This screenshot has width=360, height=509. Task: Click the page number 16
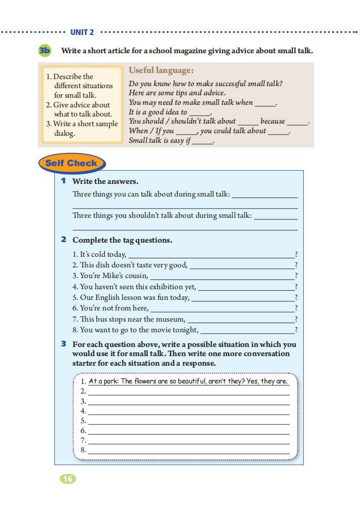point(68,479)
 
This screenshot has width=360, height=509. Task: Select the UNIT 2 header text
point(82,32)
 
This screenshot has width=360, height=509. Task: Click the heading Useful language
point(161,70)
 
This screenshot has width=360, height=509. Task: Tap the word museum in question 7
point(171,319)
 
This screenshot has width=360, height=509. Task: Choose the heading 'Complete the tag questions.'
point(122,240)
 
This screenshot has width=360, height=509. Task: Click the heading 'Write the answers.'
point(105,181)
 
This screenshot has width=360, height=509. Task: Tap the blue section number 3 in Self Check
point(64,344)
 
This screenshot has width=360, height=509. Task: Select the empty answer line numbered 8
point(188,452)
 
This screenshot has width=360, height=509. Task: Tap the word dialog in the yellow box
point(64,134)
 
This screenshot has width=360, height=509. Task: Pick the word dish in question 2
point(103,265)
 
